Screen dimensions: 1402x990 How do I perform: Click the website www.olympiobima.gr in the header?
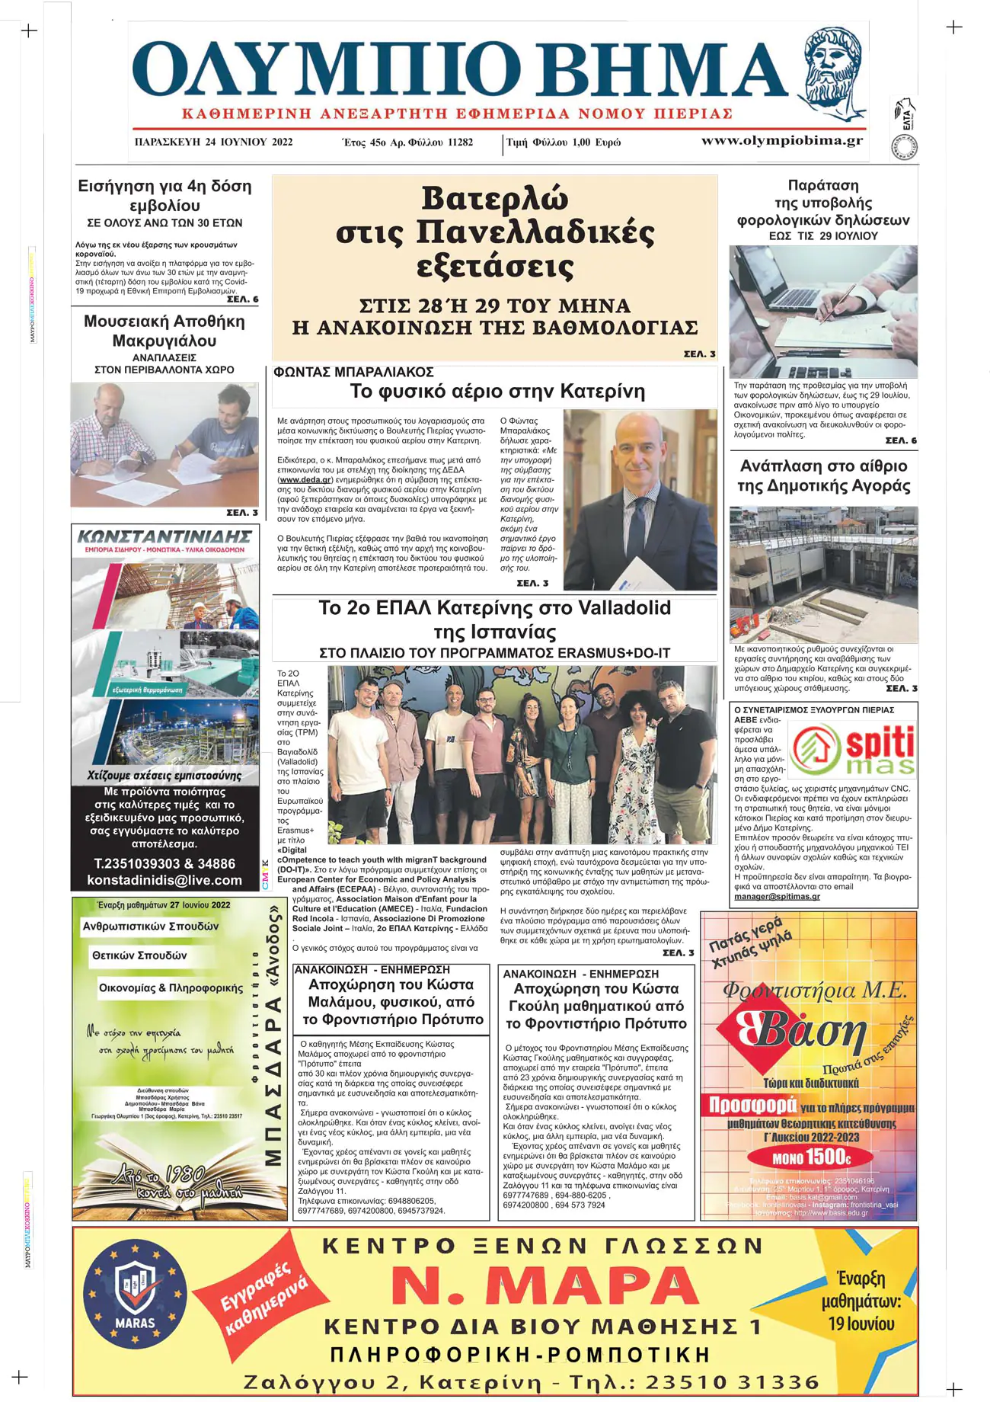click(781, 140)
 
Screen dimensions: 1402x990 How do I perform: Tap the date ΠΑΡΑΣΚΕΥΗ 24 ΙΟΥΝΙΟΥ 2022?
click(213, 142)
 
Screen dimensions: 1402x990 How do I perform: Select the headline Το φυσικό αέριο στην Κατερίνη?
click(497, 392)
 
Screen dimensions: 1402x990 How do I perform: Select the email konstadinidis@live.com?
click(164, 880)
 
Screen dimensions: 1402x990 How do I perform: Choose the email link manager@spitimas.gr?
click(777, 896)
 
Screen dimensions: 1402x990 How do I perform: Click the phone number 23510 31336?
click(732, 1381)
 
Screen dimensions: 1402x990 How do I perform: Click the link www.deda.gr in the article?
click(305, 480)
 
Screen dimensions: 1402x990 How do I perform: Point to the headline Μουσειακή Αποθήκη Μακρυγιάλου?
click(164, 331)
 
